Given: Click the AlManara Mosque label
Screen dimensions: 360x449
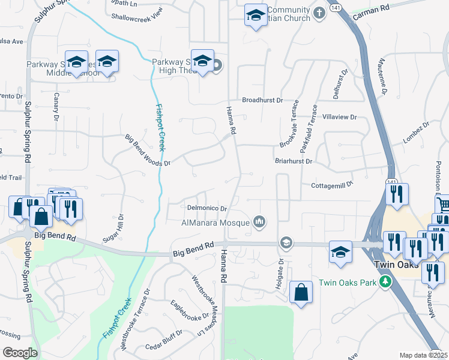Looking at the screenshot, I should click(x=215, y=223).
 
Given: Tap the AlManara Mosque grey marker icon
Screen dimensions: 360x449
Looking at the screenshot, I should click(x=259, y=222).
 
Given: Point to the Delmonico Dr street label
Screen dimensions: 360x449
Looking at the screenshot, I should click(x=206, y=209).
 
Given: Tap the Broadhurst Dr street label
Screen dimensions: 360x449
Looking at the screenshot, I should click(x=262, y=101).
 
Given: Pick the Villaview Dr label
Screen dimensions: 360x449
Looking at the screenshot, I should click(x=339, y=117).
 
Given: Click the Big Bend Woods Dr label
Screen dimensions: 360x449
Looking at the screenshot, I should click(x=148, y=150).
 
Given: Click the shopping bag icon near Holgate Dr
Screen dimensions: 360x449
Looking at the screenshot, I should click(x=301, y=292).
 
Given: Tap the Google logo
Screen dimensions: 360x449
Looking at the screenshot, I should click(x=19, y=353).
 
